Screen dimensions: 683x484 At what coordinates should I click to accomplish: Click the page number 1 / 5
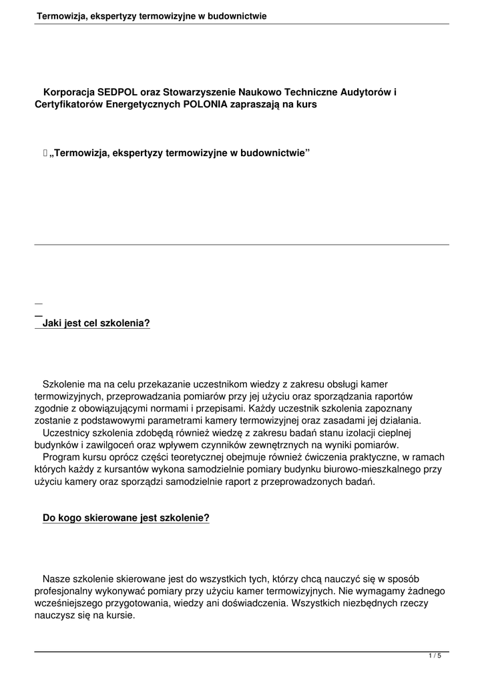click(x=435, y=656)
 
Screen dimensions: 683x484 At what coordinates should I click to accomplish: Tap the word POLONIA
click(x=205, y=105)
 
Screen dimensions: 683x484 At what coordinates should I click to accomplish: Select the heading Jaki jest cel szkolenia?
click(x=96, y=323)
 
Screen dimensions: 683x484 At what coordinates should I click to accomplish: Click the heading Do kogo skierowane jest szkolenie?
click(x=126, y=517)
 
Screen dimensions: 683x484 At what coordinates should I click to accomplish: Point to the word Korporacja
click(x=69, y=92)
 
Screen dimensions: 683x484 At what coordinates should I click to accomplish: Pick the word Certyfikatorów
click(x=69, y=105)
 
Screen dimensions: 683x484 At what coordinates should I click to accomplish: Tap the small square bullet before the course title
click(x=45, y=153)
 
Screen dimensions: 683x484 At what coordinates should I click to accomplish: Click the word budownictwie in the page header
click(x=237, y=15)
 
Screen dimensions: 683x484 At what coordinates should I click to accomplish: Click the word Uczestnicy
click(x=66, y=432)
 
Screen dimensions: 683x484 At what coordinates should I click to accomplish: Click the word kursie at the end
click(x=121, y=615)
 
